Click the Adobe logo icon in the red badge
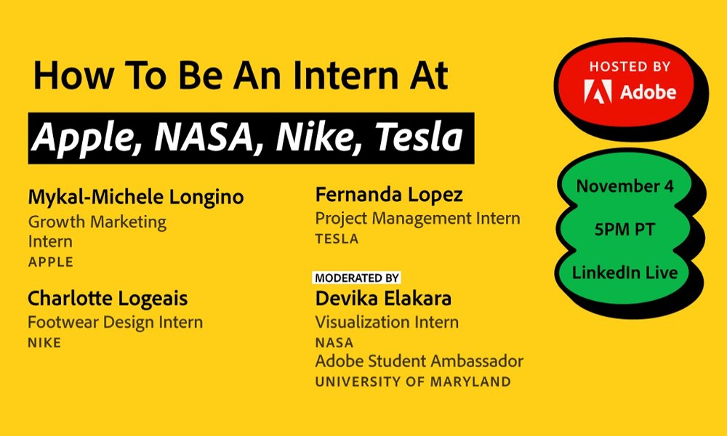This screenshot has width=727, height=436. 598,91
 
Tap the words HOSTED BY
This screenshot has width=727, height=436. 630,67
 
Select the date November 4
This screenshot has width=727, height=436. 624,186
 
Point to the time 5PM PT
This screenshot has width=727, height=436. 624,230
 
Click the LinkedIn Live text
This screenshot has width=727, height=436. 624,272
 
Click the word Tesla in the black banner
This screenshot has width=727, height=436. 419,137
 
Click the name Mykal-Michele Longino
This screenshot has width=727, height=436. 136,197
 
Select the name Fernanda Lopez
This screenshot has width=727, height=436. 389,195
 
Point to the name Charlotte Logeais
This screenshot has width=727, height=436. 108,299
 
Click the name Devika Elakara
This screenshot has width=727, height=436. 383,299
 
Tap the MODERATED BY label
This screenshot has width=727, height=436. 356,278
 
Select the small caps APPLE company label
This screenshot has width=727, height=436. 51,262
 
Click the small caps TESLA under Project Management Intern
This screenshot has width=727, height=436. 337,239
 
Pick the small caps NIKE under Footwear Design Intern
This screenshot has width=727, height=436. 44,343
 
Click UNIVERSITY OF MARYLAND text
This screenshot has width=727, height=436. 413,381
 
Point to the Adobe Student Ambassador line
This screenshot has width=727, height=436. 419,361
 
